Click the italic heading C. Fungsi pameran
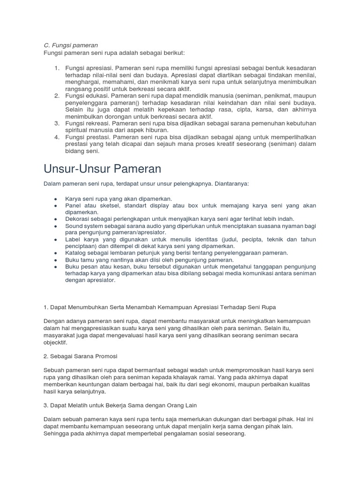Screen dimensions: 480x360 (70, 45)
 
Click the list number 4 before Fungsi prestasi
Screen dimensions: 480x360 (57, 137)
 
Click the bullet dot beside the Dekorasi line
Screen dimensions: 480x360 (56, 219)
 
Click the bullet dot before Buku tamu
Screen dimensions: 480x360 (56, 260)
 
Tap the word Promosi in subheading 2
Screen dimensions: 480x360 (105, 356)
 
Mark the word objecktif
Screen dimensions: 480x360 (55, 343)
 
